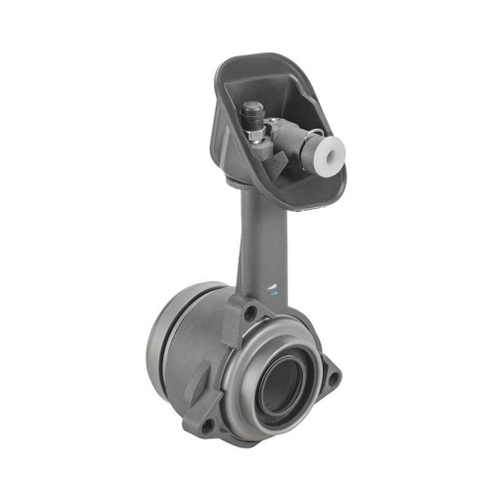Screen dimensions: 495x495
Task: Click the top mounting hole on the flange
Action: pos(254,313)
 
